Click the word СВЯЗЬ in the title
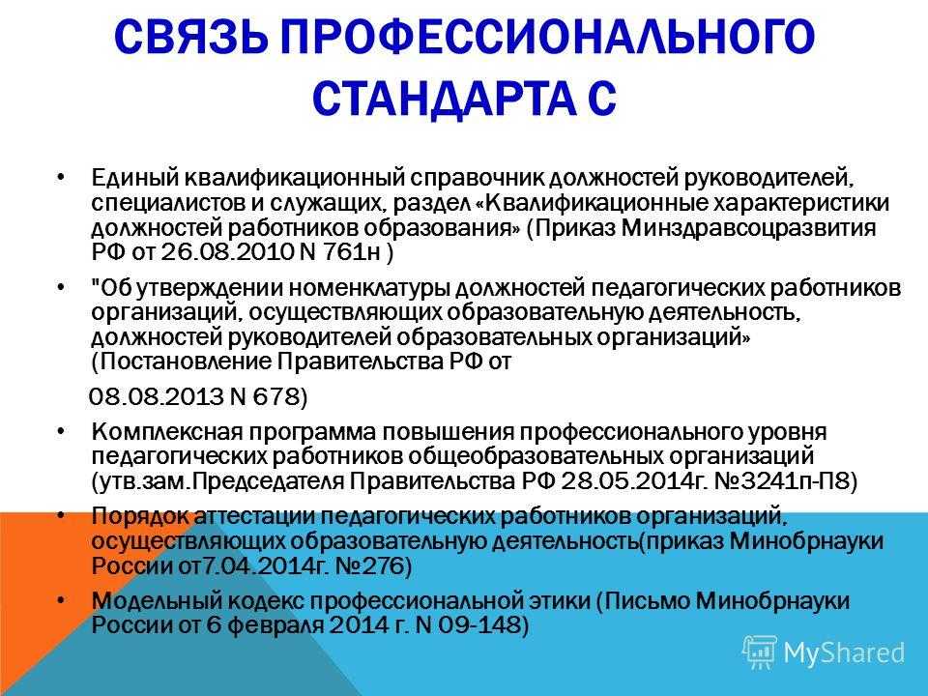(x=190, y=37)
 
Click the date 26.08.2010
(x=227, y=252)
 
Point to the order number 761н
(x=352, y=252)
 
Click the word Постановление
(x=183, y=362)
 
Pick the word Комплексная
(x=167, y=433)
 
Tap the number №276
(x=368, y=566)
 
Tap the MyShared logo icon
(x=759, y=652)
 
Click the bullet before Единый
(x=61, y=178)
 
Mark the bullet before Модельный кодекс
(x=61, y=601)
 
